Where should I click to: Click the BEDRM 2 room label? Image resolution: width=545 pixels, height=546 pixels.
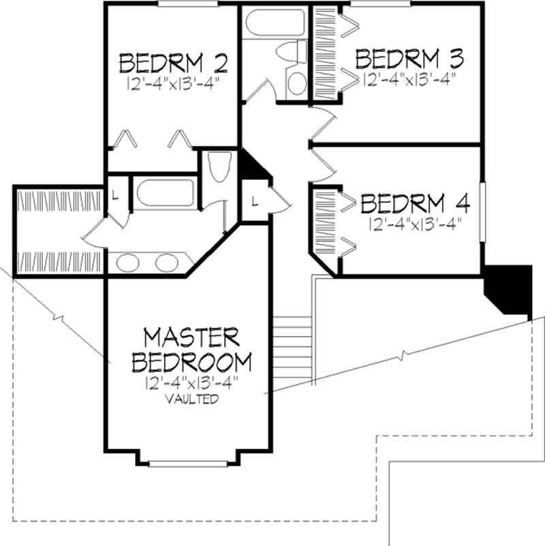click(173, 63)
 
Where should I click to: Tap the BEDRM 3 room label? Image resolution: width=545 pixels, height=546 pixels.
click(410, 58)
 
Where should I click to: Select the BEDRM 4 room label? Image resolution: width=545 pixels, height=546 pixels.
click(415, 204)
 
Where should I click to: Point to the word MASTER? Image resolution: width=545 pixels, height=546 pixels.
click(191, 337)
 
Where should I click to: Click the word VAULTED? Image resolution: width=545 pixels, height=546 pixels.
click(191, 399)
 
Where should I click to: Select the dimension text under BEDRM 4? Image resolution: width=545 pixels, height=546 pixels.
click(414, 224)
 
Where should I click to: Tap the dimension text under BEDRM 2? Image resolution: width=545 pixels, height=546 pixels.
click(175, 84)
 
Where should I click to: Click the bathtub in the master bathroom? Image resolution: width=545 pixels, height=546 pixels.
click(166, 192)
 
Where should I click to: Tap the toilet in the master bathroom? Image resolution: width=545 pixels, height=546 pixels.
click(219, 168)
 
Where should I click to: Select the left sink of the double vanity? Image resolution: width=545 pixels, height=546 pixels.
click(128, 262)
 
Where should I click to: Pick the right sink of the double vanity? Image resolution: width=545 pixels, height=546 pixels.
click(166, 262)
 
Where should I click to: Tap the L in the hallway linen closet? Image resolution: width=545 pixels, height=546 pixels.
click(253, 201)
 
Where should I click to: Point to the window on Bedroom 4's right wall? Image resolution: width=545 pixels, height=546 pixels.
click(482, 211)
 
